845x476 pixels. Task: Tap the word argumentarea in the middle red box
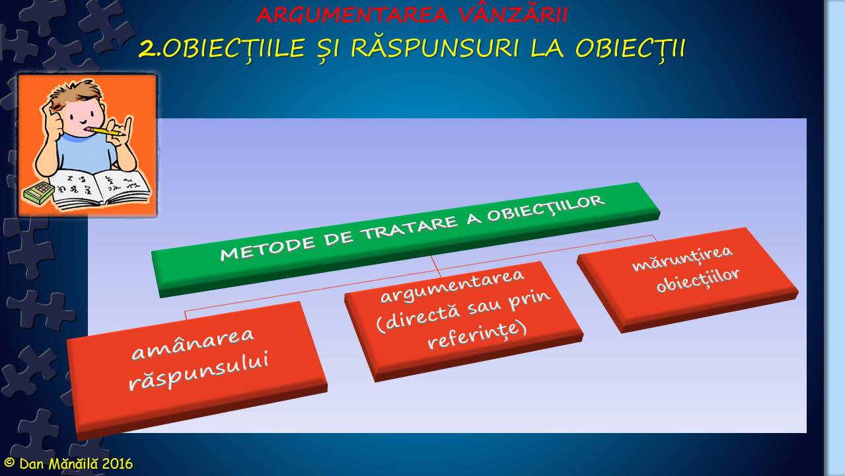pos(453,286)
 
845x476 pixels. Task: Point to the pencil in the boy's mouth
pos(106,132)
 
